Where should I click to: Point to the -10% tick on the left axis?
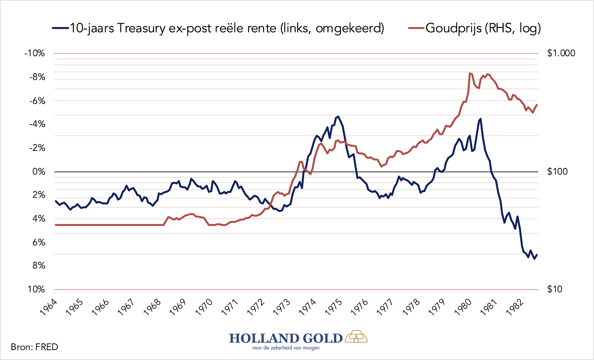[x=35, y=53]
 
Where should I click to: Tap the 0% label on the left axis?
[x=39, y=171]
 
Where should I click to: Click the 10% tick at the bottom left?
[x=36, y=289]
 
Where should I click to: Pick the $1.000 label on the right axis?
[x=561, y=53]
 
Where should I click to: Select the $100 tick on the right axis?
[x=557, y=171]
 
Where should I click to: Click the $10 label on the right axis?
[x=554, y=289]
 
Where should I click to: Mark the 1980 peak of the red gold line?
[x=470, y=73]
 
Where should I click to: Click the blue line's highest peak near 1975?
[x=338, y=116]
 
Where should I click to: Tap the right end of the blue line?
[x=537, y=255]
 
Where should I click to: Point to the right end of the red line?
[x=537, y=105]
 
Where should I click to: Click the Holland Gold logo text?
[x=286, y=338]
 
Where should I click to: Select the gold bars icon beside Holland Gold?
[x=356, y=337]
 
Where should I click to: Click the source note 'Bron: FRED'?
[x=34, y=347]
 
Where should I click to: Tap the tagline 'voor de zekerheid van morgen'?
[x=286, y=348]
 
